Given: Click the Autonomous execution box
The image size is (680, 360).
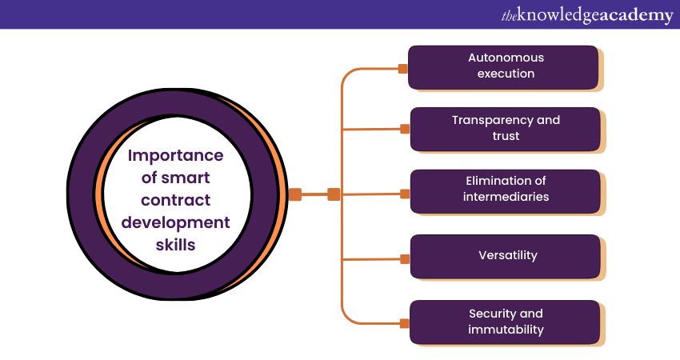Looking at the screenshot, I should pyautogui.click(x=504, y=66).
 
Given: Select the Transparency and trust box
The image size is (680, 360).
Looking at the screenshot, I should pyautogui.click(x=506, y=128).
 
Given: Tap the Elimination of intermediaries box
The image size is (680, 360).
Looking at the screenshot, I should pyautogui.click(x=506, y=190).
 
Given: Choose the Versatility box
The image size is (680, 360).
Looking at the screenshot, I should pyautogui.click(x=506, y=256).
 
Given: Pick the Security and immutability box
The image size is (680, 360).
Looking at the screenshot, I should pyautogui.click(x=506, y=322).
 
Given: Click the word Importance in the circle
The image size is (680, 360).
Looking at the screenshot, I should pyautogui.click(x=176, y=155).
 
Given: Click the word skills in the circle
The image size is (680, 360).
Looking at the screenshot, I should pyautogui.click(x=175, y=245).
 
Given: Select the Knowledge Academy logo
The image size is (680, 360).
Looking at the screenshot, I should pyautogui.click(x=586, y=15).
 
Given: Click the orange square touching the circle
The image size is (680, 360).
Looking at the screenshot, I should pyautogui.click(x=295, y=194).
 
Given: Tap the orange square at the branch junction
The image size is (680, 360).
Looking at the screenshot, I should pyautogui.click(x=334, y=194).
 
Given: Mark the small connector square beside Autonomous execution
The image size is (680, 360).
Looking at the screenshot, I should pyautogui.click(x=403, y=69).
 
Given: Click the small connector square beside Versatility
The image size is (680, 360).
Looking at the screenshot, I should pyautogui.click(x=405, y=258).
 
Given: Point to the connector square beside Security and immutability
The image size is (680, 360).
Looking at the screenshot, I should pyautogui.click(x=405, y=323).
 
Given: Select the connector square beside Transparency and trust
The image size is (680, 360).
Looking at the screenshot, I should pyautogui.click(x=405, y=127).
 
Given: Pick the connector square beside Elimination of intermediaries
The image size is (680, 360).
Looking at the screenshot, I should pyautogui.click(x=405, y=194).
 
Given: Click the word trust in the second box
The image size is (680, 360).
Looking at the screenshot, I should pyautogui.click(x=506, y=136).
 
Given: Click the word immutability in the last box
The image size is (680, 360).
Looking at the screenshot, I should pyautogui.click(x=506, y=330).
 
